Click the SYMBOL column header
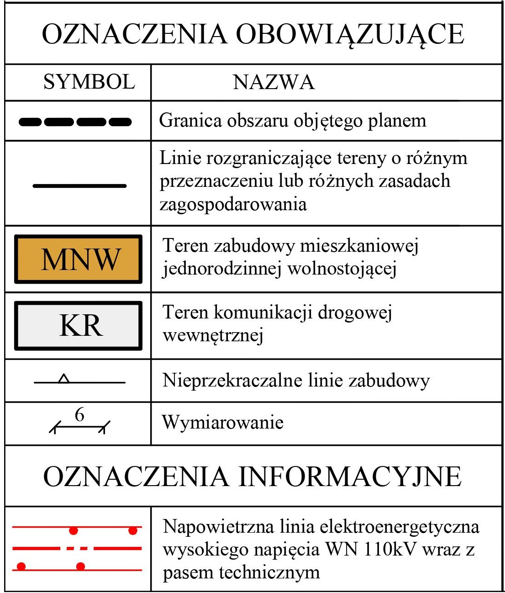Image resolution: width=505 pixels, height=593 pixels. pyautogui.click(x=89, y=82)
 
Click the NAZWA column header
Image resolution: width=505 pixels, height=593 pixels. pyautogui.click(x=274, y=82)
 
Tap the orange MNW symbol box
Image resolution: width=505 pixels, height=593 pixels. pyautogui.click(x=78, y=259)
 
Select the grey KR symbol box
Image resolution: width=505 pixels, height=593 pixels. pyautogui.click(x=78, y=326)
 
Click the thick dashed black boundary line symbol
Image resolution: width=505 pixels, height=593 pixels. pyautogui.click(x=75, y=122)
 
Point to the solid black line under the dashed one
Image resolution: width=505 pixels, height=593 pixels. pyautogui.click(x=79, y=186)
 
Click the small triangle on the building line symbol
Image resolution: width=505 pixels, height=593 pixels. pyautogui.click(x=64, y=379)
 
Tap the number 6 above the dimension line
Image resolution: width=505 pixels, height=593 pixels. pyautogui.click(x=79, y=415)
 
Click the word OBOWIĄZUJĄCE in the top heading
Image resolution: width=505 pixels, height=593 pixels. pyautogui.click(x=350, y=34)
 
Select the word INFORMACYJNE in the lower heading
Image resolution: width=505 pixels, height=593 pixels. pyautogui.click(x=350, y=477)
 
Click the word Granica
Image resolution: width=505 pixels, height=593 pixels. pyautogui.click(x=190, y=121)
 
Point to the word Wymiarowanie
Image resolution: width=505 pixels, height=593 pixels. pyautogui.click(x=223, y=422)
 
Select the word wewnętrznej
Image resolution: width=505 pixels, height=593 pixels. pyautogui.click(x=213, y=336)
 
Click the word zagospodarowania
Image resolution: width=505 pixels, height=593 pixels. pyautogui.click(x=233, y=204)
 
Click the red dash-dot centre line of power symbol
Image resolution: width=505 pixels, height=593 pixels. pyautogui.click(x=77, y=548)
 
